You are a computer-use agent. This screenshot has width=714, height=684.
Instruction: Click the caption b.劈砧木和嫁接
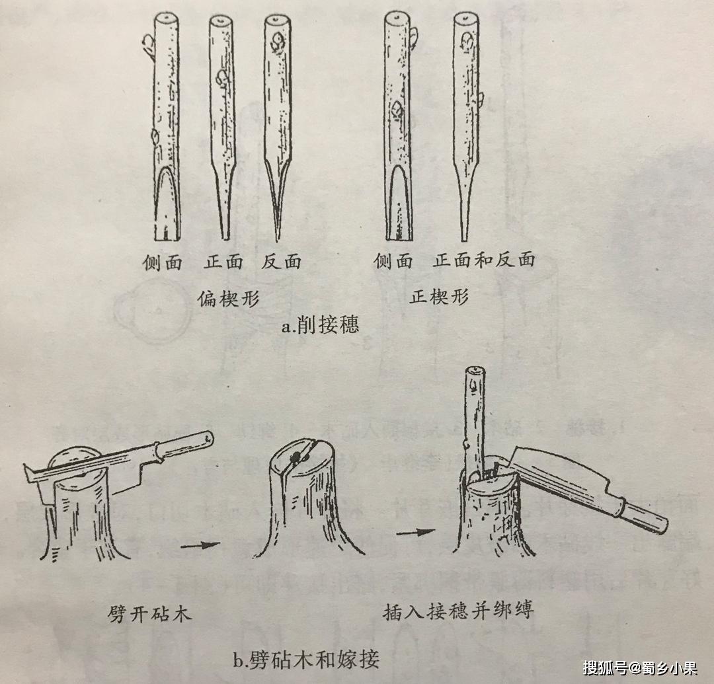[x=306, y=659]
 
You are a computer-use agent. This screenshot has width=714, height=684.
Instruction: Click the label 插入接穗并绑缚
[x=457, y=611]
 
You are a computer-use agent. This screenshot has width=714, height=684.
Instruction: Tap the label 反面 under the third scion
[x=281, y=262]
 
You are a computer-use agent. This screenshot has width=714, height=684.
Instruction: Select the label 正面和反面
[x=483, y=260]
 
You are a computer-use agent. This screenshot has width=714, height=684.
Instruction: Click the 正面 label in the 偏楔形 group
[x=223, y=262]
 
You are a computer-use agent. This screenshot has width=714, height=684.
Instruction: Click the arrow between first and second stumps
[x=200, y=545]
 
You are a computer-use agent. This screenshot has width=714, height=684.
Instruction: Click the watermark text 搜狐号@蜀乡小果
[x=640, y=667]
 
